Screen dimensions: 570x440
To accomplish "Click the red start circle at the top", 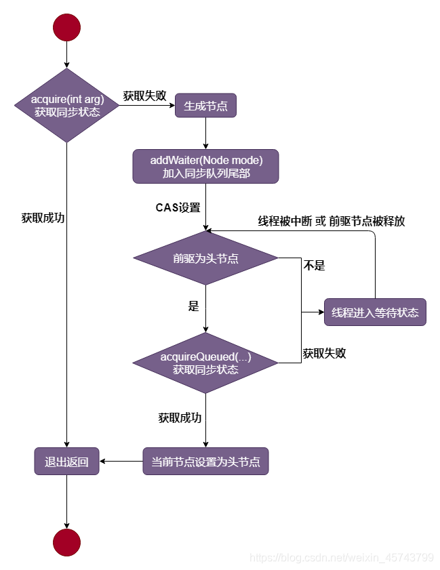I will pyautogui.click(x=66, y=27).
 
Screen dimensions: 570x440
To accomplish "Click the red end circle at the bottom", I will pyautogui.click(x=66, y=542).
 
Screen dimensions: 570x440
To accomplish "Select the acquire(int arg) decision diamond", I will pyautogui.click(x=67, y=106).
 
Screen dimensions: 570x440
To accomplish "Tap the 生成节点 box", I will pyautogui.click(x=205, y=106).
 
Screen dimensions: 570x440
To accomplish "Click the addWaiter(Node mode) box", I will pyautogui.click(x=205, y=166).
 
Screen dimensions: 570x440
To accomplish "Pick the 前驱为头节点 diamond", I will pyautogui.click(x=205, y=258).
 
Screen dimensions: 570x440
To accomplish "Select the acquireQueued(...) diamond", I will pyautogui.click(x=205, y=363).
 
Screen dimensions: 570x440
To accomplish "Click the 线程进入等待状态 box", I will pyautogui.click(x=375, y=312).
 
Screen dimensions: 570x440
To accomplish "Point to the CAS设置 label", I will pyautogui.click(x=178, y=207).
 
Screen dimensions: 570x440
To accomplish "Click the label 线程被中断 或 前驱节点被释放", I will pyautogui.click(x=332, y=221).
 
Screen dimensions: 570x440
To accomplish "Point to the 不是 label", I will pyautogui.click(x=314, y=266).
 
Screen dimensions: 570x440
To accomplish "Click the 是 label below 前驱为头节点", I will pyautogui.click(x=193, y=306).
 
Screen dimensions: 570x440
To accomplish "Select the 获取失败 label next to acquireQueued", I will pyautogui.click(x=324, y=353).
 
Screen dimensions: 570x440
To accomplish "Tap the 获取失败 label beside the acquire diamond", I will pyautogui.click(x=144, y=96).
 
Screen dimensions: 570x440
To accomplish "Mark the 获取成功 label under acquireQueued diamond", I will pyautogui.click(x=180, y=418).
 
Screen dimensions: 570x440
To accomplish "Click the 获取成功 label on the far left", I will pyautogui.click(x=43, y=218).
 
